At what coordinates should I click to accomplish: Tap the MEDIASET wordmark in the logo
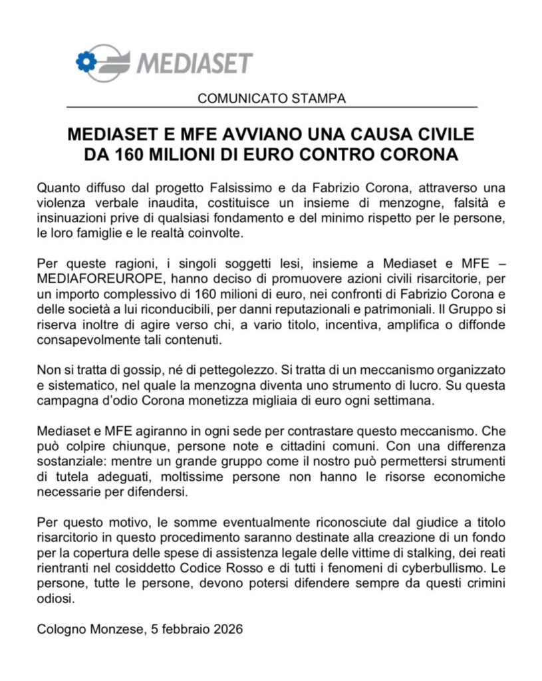click(195, 63)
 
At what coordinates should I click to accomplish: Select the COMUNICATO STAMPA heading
click(271, 99)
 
